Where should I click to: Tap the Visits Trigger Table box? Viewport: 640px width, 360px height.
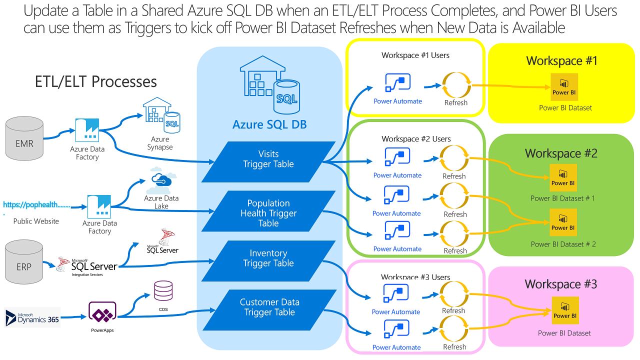(268, 159)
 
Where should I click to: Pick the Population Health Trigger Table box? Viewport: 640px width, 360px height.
(268, 213)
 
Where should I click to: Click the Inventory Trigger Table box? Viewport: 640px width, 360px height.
(268, 258)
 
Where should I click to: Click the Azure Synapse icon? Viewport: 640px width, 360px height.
(161, 115)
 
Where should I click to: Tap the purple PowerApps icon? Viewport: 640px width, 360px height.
(102, 313)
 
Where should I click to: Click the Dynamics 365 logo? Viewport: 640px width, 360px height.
(32, 317)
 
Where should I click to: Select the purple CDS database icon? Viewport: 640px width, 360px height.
(163, 290)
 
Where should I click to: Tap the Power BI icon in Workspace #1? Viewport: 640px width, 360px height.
(564, 87)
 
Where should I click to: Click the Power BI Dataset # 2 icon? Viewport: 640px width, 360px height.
(563, 222)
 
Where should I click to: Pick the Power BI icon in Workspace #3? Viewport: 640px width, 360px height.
(565, 310)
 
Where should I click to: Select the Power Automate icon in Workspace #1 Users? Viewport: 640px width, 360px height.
(398, 83)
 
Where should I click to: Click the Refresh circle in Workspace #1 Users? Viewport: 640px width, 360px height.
(456, 85)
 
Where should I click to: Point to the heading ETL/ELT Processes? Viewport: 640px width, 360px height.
(95, 81)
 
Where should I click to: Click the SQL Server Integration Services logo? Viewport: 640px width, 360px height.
(87, 265)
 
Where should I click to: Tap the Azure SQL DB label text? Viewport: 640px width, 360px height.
(269, 124)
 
